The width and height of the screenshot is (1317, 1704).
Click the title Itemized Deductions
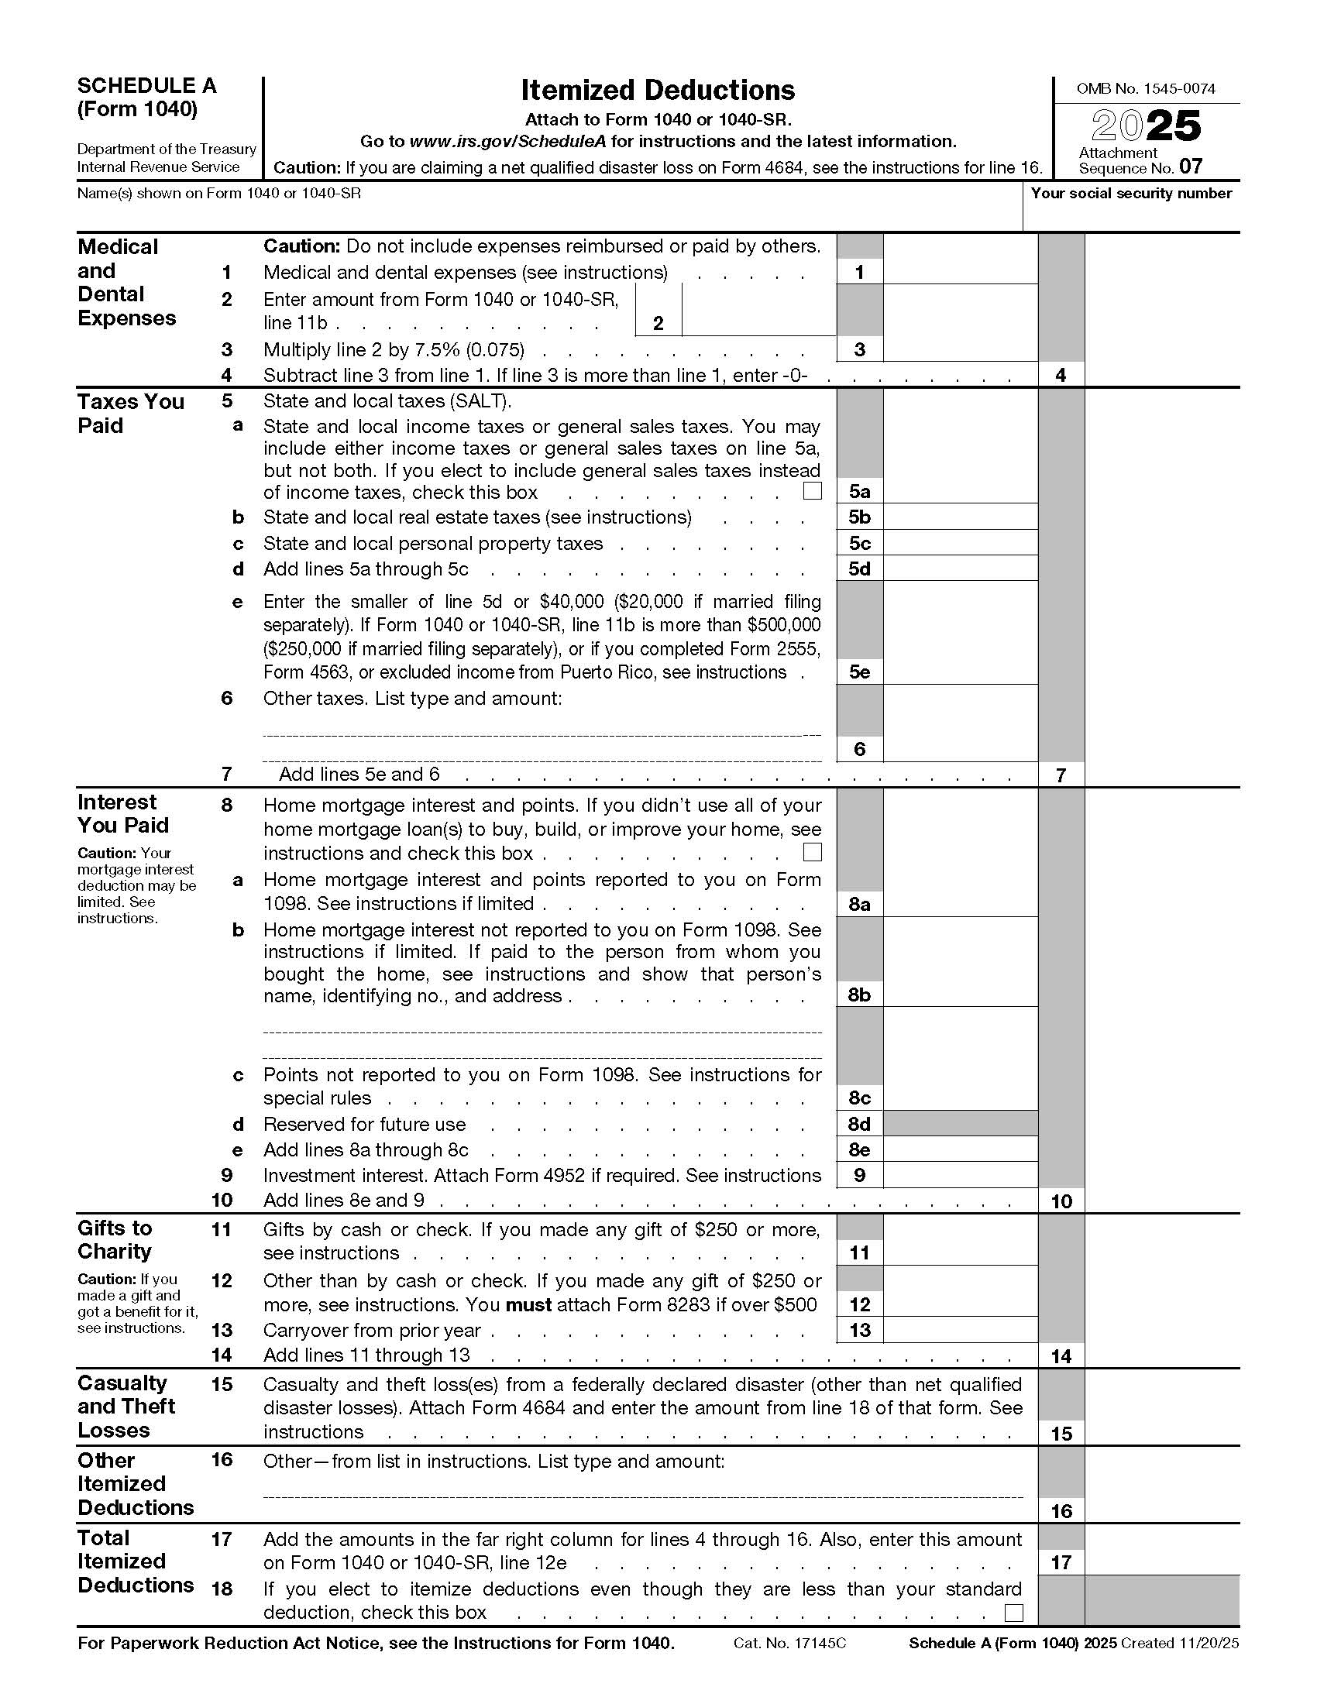click(658, 91)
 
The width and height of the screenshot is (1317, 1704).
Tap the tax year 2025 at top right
click(1145, 125)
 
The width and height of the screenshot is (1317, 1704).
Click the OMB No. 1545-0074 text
click(1145, 89)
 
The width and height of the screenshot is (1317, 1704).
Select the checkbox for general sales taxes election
click(812, 491)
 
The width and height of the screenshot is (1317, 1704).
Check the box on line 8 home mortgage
click(812, 852)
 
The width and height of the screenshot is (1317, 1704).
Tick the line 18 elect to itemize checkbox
click(1013, 1612)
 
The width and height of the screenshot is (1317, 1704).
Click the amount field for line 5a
click(960, 491)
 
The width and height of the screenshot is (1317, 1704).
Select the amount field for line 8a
click(960, 903)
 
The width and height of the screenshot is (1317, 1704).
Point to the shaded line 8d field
click(960, 1124)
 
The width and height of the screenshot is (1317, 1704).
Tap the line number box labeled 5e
click(859, 672)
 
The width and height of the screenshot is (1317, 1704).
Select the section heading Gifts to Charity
click(115, 1239)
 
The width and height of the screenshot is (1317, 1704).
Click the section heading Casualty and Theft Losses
click(126, 1406)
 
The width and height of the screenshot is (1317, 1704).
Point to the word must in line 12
click(528, 1304)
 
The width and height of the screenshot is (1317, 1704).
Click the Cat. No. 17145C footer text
click(789, 1643)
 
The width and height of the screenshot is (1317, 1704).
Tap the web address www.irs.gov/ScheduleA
click(509, 141)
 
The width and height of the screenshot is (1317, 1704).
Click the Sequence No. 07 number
click(1191, 167)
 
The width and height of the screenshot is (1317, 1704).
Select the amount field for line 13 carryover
click(960, 1329)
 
